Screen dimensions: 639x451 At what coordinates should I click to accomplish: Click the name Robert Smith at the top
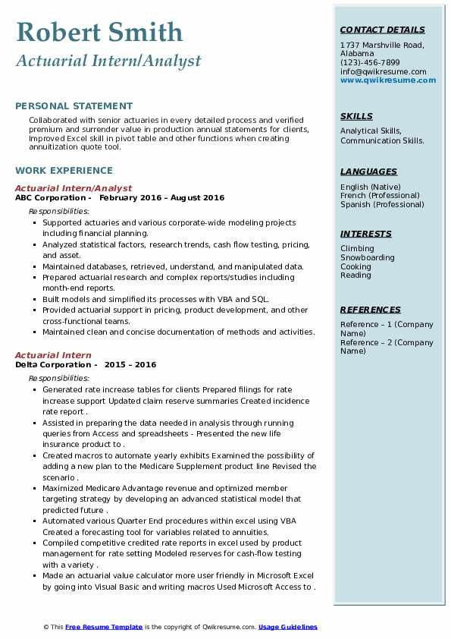click(x=99, y=32)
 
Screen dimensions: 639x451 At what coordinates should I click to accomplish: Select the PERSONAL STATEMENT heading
click(x=74, y=106)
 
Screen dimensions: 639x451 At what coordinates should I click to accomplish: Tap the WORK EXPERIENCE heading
click(x=64, y=171)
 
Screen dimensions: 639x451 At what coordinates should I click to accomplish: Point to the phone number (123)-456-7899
click(x=370, y=63)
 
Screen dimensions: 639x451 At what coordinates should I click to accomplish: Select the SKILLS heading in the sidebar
click(x=356, y=117)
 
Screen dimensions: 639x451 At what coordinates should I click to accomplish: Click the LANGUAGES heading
click(x=368, y=172)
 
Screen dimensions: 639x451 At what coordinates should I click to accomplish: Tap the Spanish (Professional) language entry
click(x=382, y=204)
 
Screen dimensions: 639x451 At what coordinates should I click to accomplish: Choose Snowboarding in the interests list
click(x=368, y=258)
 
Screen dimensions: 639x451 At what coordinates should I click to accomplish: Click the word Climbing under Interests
click(x=357, y=249)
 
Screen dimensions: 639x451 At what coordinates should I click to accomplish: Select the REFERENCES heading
click(x=371, y=310)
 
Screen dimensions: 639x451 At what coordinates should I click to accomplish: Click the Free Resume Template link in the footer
click(x=103, y=627)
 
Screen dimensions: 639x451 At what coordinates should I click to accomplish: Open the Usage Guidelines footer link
click(x=287, y=627)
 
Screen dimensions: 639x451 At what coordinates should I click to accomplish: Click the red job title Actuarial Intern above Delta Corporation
click(x=53, y=355)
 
